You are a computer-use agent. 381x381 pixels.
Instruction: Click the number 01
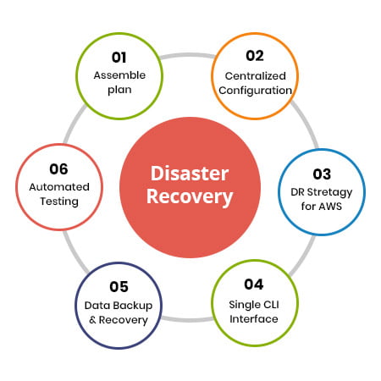point(119,58)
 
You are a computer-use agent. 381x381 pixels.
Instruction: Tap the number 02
point(255,56)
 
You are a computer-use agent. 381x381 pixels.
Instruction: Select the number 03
point(322,174)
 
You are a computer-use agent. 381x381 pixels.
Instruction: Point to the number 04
point(254,284)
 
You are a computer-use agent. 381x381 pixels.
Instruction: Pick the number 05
point(119,287)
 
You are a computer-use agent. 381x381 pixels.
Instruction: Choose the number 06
point(58,169)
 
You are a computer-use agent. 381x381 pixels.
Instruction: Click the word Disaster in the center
point(190,174)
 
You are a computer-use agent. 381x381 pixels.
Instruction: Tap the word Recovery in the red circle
point(190,196)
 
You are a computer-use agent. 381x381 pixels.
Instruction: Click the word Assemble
point(119,75)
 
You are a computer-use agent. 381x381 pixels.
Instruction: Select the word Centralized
point(256,76)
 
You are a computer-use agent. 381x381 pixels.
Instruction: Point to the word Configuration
point(256,91)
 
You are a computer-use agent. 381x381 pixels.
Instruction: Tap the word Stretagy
point(329,192)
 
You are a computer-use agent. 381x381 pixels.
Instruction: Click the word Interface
point(254,319)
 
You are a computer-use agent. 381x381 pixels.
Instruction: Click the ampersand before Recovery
point(92,320)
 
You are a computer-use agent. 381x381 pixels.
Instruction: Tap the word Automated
point(59,187)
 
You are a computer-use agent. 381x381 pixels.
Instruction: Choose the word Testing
point(59,202)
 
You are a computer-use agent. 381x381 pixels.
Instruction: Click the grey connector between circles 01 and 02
point(188,55)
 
